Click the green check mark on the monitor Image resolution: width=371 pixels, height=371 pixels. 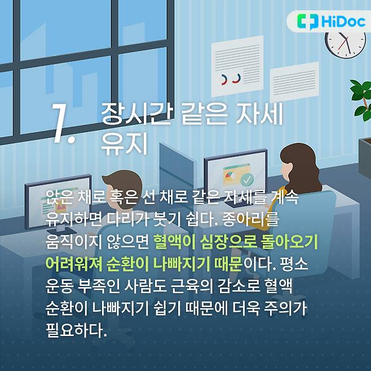(246, 180)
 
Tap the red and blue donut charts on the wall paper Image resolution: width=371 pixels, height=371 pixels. (229, 79)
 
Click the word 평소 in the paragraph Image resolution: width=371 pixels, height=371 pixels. (304, 264)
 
